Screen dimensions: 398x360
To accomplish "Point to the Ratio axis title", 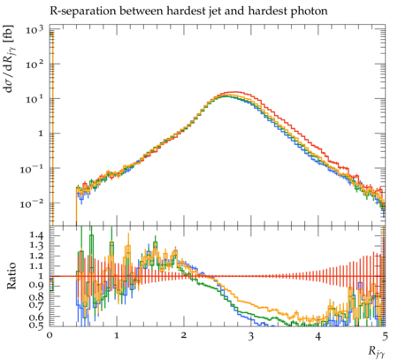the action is pyautogui.click(x=11, y=276).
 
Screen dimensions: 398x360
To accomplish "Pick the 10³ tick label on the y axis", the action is pyautogui.click(x=34, y=29).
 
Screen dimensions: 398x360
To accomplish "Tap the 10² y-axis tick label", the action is pyautogui.click(x=34, y=64).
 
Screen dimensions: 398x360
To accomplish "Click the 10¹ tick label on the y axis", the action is pyautogui.click(x=34, y=99).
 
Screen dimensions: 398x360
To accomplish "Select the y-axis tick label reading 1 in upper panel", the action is pyautogui.click(x=40, y=134).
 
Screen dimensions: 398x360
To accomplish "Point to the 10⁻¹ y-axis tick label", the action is pyautogui.click(x=32, y=169).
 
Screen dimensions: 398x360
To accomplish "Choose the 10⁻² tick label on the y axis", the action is pyautogui.click(x=32, y=203).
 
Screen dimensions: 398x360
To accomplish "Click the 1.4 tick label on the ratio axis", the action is pyautogui.click(x=36, y=235).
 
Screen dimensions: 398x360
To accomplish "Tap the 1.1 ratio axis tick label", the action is pyautogui.click(x=36, y=265).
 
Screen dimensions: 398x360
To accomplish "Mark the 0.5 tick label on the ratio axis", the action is pyautogui.click(x=36, y=325).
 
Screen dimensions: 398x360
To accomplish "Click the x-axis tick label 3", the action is pyautogui.click(x=250, y=336).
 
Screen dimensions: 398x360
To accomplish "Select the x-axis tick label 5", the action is pyautogui.click(x=385, y=336).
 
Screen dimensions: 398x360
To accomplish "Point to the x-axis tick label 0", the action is pyautogui.click(x=50, y=336).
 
